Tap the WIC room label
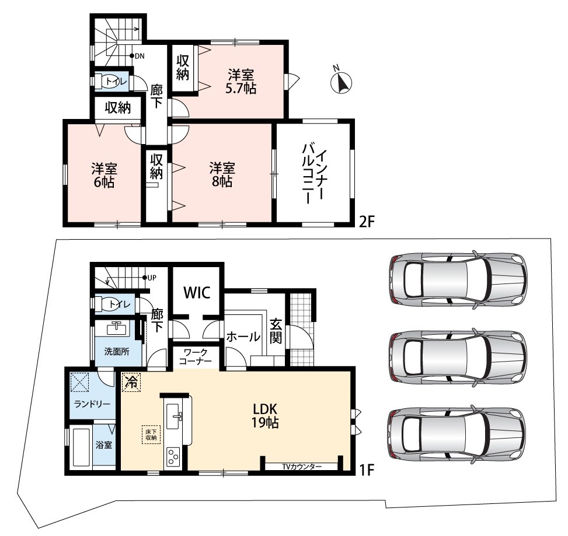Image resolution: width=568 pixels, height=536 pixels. click(197, 292)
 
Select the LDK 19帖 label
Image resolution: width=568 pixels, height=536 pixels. click(265, 415)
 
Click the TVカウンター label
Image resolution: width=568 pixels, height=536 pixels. click(302, 467)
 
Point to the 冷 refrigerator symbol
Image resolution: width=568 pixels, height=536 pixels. click(131, 382)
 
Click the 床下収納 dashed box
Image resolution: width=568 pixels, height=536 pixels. click(151, 435)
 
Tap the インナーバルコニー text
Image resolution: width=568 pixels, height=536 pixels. click(313, 173)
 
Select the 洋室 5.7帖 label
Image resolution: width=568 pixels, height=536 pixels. click(241, 82)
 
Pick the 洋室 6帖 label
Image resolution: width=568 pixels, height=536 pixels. click(104, 175)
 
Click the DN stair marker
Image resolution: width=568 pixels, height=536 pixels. click(137, 56)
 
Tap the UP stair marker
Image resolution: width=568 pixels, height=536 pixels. click(149, 278)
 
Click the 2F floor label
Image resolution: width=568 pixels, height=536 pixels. click(366, 222)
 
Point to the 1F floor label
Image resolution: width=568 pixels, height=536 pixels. click(366, 470)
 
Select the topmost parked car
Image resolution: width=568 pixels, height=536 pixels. click(458, 278)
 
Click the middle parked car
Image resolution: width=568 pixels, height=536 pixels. click(458, 357)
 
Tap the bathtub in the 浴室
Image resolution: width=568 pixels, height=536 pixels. click(81, 448)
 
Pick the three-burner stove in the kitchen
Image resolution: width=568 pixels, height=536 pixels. click(173, 457)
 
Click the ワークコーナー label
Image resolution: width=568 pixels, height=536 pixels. click(196, 356)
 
